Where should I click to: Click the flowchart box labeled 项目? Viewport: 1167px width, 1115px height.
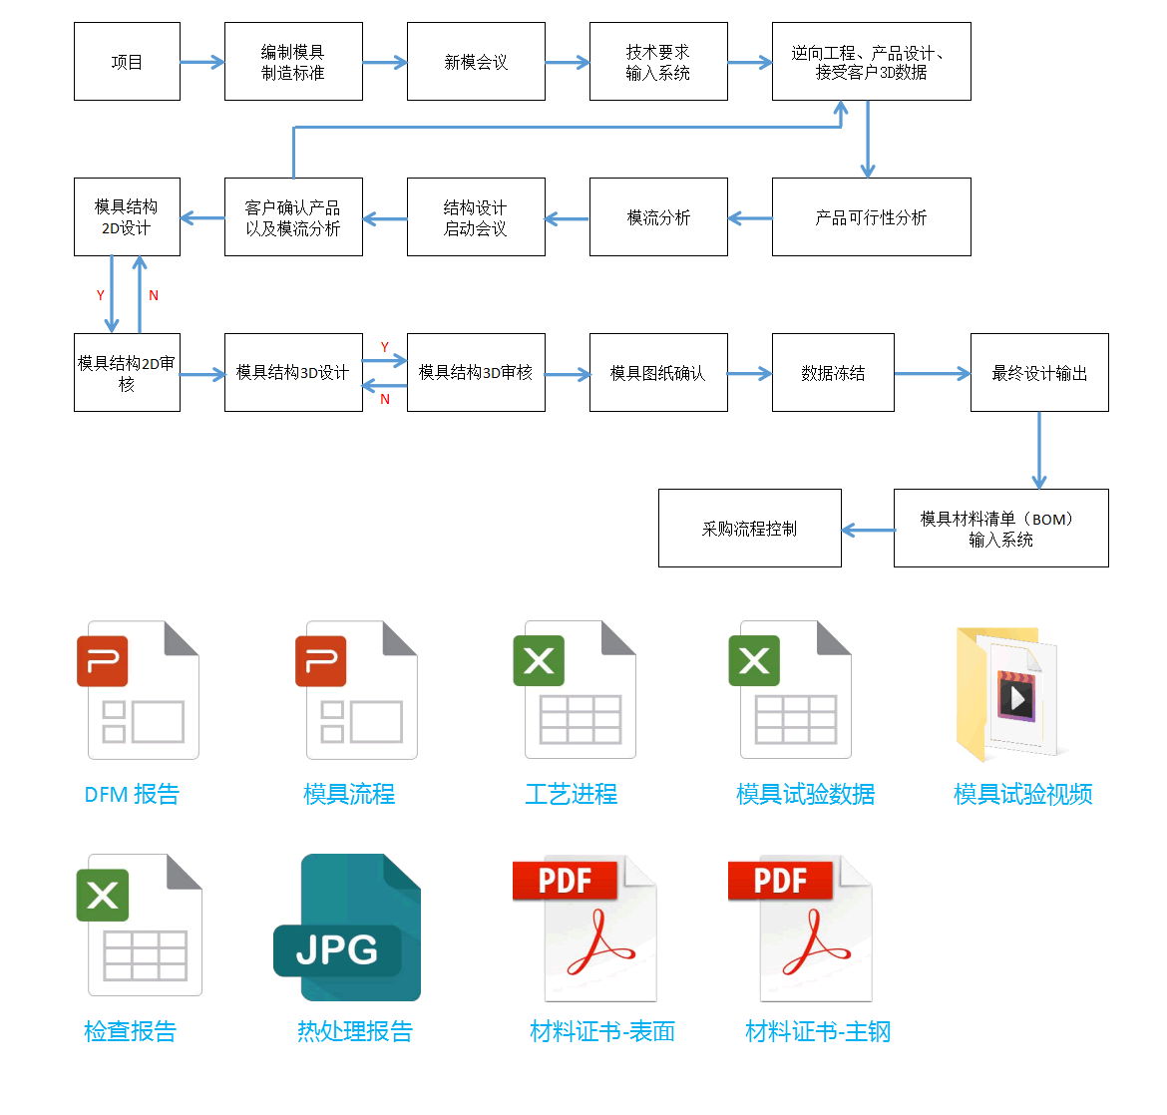[x=128, y=61]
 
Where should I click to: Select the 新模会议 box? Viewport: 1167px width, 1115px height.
[x=477, y=61]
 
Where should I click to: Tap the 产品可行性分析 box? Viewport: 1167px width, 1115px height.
[x=872, y=216]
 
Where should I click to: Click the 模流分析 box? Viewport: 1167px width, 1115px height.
[x=658, y=216]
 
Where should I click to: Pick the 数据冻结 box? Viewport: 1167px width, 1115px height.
[x=834, y=372]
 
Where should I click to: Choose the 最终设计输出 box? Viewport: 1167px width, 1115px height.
[x=1039, y=372]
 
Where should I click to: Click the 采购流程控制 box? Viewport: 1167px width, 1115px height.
[x=750, y=528]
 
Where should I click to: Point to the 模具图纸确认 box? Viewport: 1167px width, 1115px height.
[x=658, y=372]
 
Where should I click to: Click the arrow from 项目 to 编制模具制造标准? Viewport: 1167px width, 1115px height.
[x=202, y=62]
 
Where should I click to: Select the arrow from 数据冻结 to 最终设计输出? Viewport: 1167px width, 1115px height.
[x=933, y=374]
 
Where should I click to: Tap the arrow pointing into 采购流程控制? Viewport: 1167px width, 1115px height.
[x=868, y=530]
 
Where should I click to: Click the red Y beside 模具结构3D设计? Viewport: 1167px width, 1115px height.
[x=385, y=347]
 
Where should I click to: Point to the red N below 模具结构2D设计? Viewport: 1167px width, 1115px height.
[x=154, y=295]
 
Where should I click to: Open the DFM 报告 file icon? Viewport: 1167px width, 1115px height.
[x=138, y=690]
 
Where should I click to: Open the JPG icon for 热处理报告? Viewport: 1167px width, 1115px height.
[x=347, y=928]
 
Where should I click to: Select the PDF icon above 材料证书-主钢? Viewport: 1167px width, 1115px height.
[x=801, y=929]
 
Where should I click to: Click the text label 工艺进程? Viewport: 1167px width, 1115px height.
[x=572, y=794]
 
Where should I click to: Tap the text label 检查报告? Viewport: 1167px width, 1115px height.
[x=131, y=1031]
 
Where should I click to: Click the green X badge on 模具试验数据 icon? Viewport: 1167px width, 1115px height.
[x=754, y=660]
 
